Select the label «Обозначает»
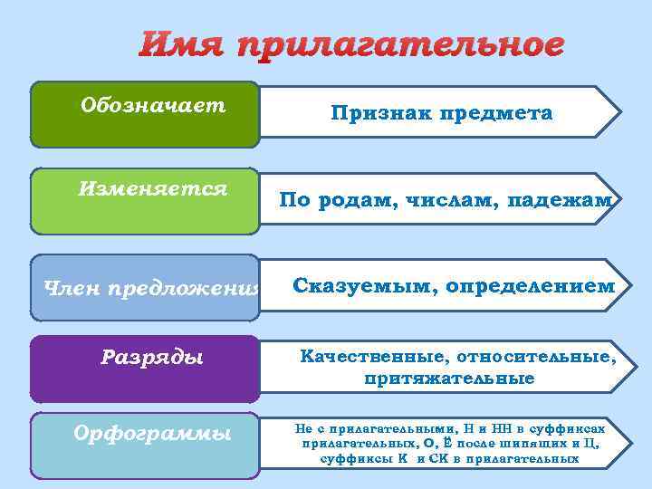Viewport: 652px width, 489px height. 153,106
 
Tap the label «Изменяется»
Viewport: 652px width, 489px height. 151,189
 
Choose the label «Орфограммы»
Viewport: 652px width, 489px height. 151,434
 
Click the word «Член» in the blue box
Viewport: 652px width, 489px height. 73,289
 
